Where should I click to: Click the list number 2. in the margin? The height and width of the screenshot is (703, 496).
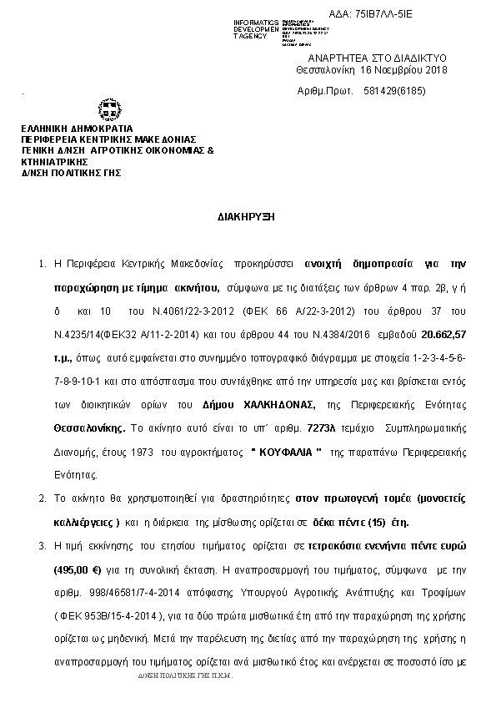click(43, 498)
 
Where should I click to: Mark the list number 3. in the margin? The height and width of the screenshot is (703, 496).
click(43, 544)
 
